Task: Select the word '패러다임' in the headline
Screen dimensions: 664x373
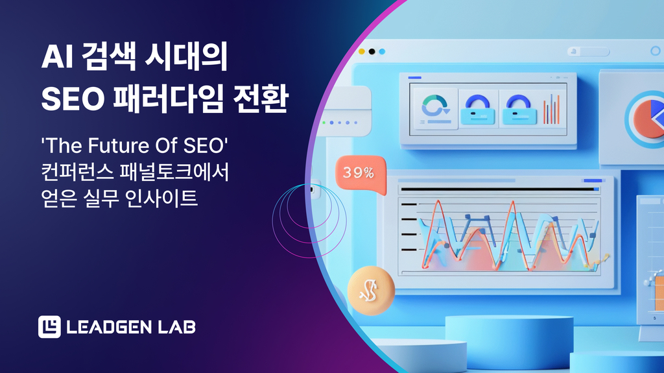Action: coord(168,99)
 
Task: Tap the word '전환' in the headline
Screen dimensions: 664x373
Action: coord(261,99)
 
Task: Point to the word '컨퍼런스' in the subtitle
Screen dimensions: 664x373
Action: coord(78,172)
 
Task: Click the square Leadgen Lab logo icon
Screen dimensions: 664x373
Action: coord(49,327)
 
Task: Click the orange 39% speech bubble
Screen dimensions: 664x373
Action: coord(361,174)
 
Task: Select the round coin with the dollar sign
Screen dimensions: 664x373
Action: coord(371,291)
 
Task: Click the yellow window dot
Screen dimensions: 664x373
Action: coord(362,52)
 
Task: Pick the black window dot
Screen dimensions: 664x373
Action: coord(372,52)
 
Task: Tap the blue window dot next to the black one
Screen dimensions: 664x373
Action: coord(382,52)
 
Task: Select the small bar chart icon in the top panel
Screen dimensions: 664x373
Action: coord(551,109)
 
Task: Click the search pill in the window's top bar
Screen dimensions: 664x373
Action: coord(588,52)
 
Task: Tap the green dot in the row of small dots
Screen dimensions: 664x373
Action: coord(324,123)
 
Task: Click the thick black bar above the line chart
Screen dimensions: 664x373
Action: coord(499,189)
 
